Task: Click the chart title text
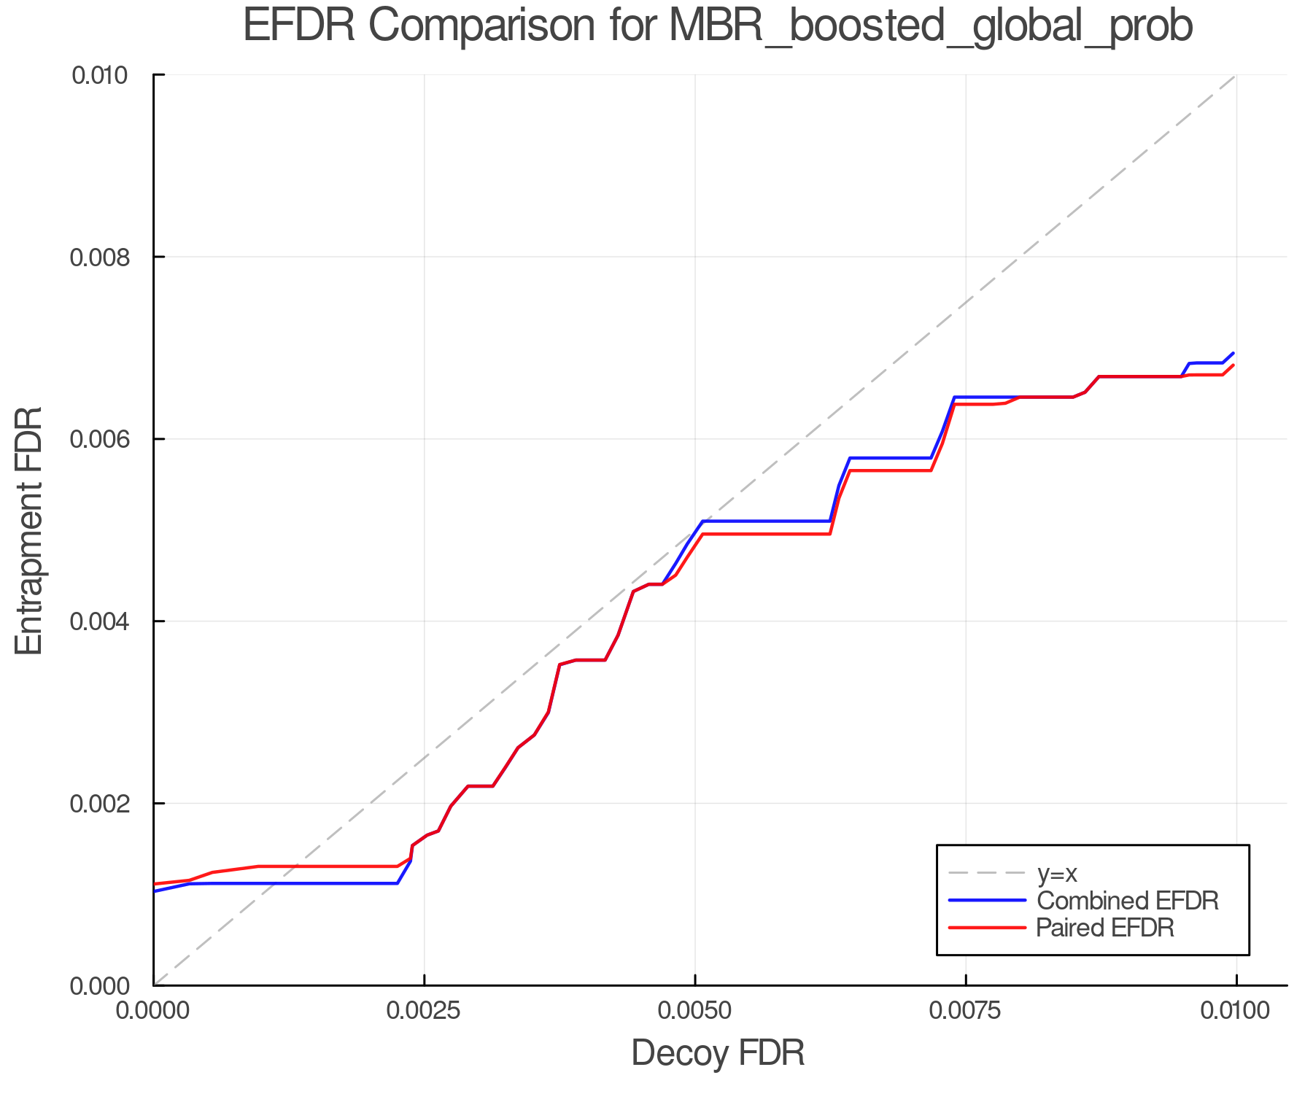[x=718, y=26]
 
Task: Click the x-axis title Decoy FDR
[x=718, y=1052]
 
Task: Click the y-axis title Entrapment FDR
[x=29, y=530]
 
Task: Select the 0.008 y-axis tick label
[x=107, y=257]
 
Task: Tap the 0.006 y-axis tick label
[x=107, y=439]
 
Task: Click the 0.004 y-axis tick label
[x=107, y=621]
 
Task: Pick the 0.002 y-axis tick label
[x=107, y=804]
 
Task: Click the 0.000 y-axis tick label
[x=107, y=986]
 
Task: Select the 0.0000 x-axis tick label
[x=154, y=1011]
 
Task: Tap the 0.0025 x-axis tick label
[x=425, y=1011]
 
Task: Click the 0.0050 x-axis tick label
[x=695, y=1011]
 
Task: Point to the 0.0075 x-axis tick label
[x=966, y=1011]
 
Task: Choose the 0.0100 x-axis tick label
[x=1236, y=1011]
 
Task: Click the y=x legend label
[x=1057, y=873]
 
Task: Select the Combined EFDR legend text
[x=1127, y=901]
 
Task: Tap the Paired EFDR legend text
[x=1105, y=928]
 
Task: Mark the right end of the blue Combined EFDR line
[x=1233, y=353]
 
